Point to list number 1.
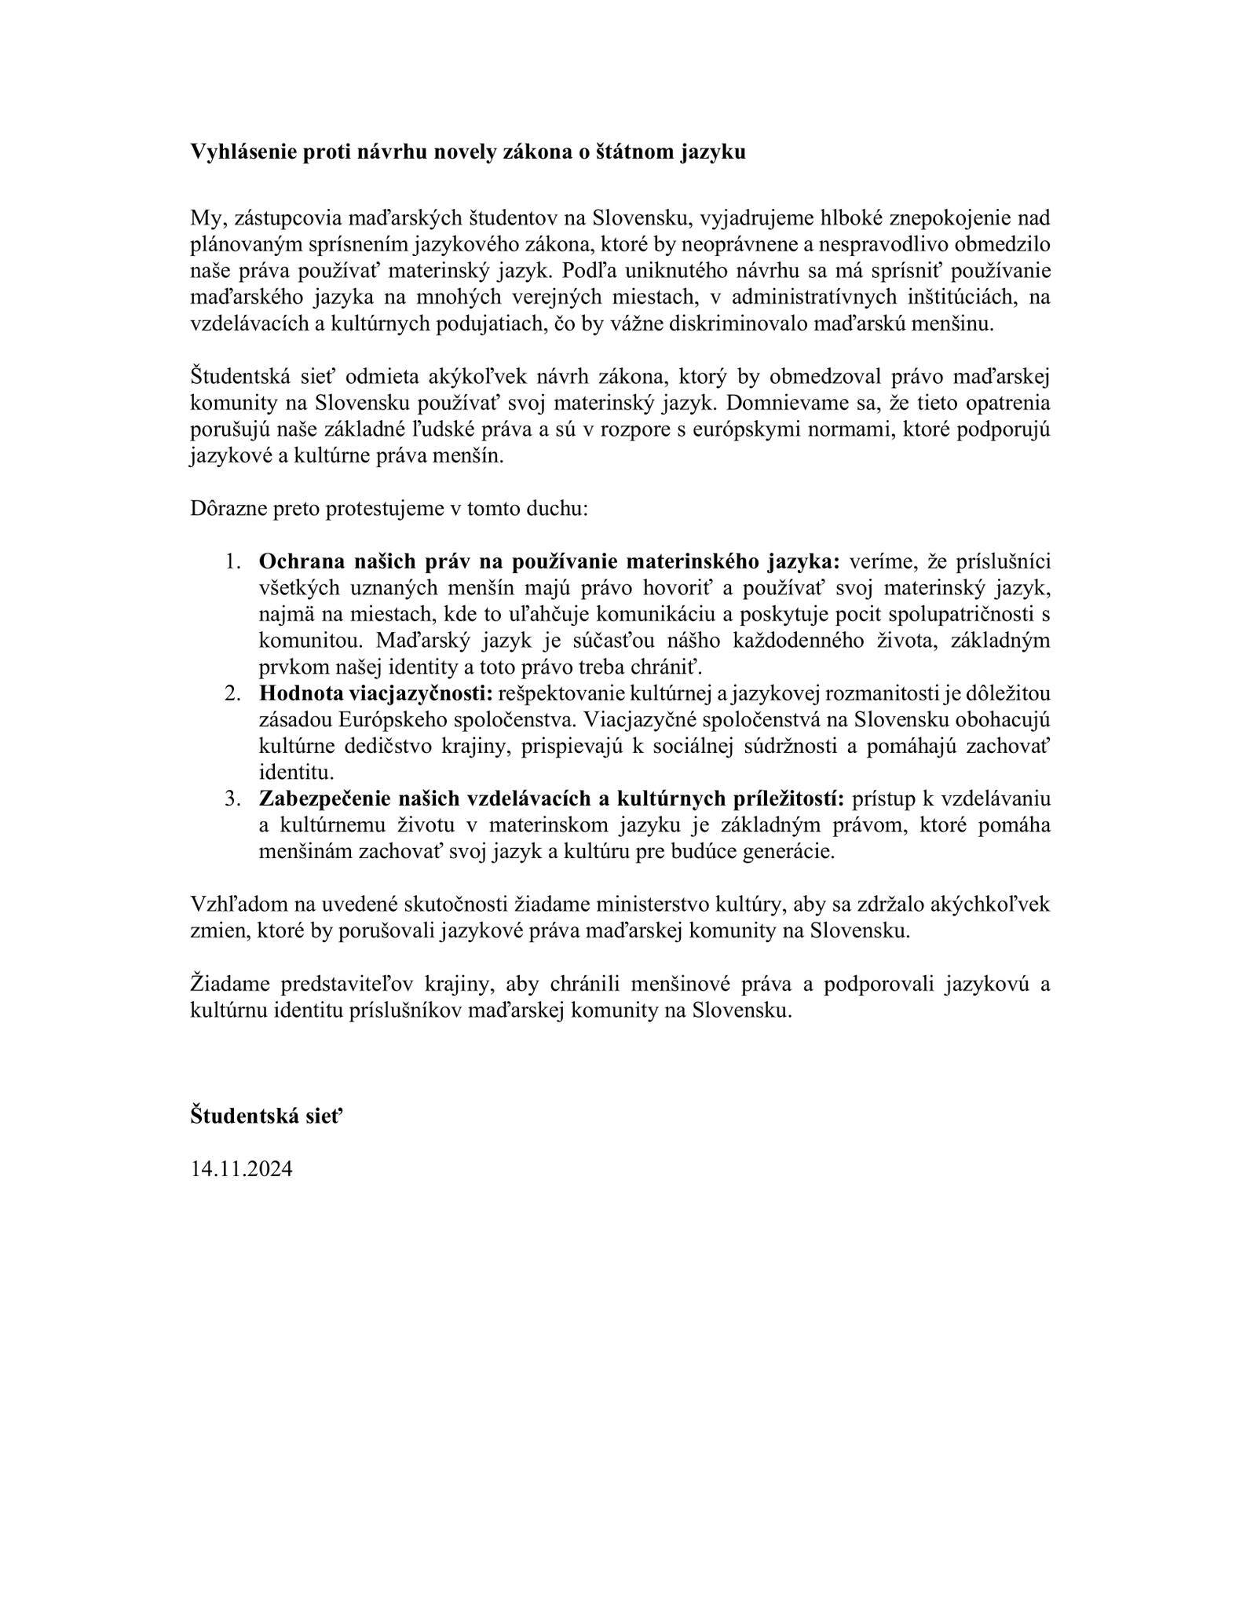point(232,562)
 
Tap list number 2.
point(232,694)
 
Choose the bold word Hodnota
point(298,694)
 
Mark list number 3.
point(232,799)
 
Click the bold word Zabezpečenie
point(318,799)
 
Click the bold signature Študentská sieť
point(267,1115)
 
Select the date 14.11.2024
point(242,1168)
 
